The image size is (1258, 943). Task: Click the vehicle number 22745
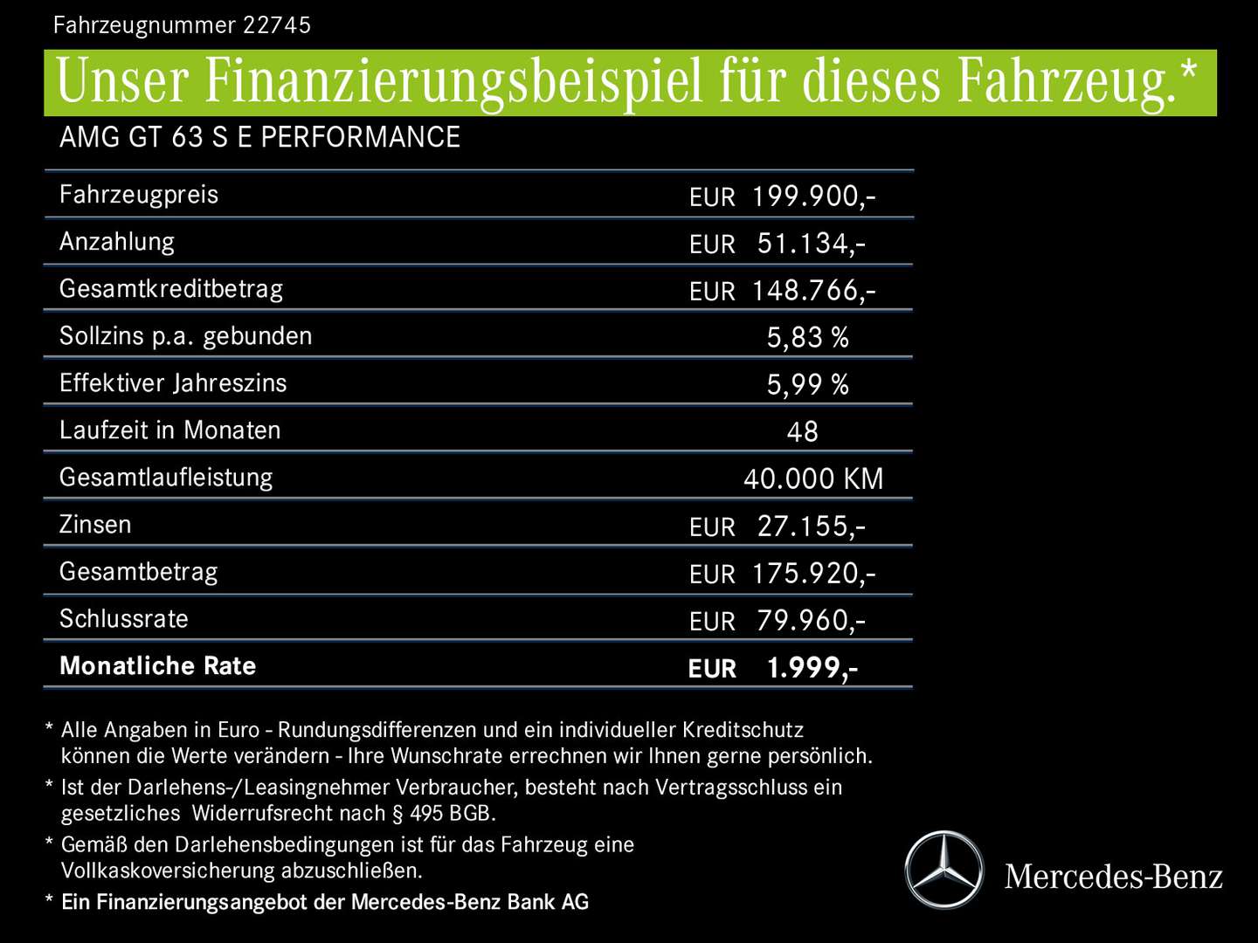click(x=276, y=24)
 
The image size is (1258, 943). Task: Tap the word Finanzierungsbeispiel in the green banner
click(x=454, y=81)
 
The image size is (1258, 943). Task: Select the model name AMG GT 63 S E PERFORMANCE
click(x=259, y=137)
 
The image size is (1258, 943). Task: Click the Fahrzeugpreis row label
click(x=139, y=194)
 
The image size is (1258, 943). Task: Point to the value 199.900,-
click(x=812, y=196)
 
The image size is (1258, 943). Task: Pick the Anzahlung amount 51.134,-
click(x=811, y=244)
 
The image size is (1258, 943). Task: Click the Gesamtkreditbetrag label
click(x=171, y=289)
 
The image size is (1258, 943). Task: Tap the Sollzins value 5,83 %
click(x=807, y=338)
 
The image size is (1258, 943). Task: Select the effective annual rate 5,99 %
click(x=807, y=385)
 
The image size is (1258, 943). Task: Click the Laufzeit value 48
click(x=802, y=432)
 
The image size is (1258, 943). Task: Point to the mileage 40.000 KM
click(x=813, y=479)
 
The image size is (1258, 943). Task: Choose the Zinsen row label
click(x=95, y=525)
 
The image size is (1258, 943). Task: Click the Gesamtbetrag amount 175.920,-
click(x=812, y=574)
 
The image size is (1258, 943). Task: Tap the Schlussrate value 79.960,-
click(x=811, y=621)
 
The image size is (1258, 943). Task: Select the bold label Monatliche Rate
click(x=158, y=666)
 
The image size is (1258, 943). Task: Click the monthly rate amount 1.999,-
click(x=812, y=668)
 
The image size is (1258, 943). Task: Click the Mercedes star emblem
click(x=943, y=871)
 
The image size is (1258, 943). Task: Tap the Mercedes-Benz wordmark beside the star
click(x=1114, y=877)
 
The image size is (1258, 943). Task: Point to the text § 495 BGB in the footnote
click(x=444, y=814)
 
